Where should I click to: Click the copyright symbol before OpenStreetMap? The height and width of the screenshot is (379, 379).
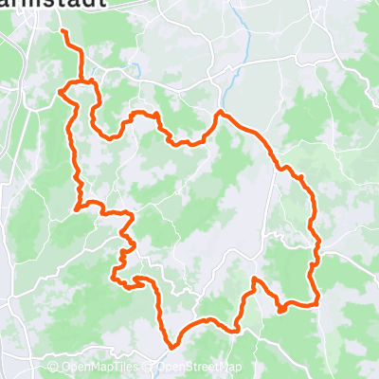[151, 369]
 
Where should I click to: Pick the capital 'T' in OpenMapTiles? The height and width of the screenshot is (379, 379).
[124, 369]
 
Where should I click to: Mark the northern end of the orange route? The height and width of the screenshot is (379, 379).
[63, 31]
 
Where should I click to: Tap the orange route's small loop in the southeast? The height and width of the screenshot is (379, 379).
[282, 307]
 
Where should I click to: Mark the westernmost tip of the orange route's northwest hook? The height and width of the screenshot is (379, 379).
[60, 92]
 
